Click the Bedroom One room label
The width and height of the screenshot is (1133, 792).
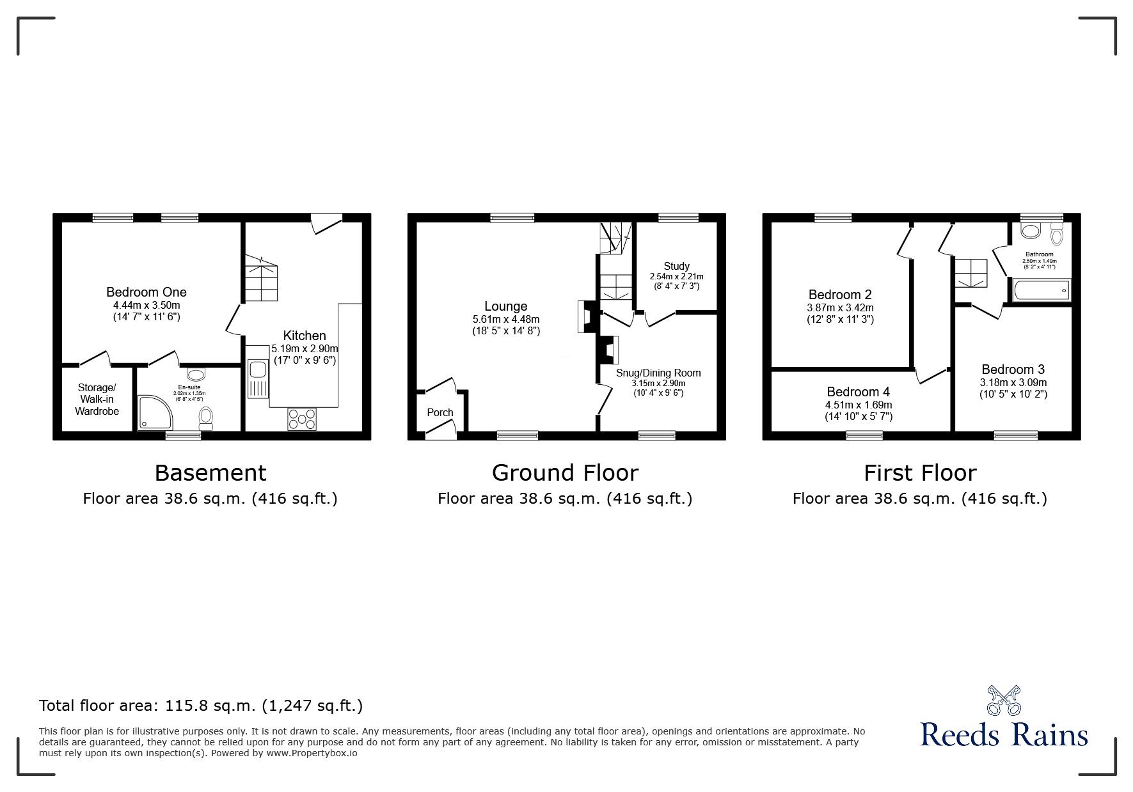coord(147,292)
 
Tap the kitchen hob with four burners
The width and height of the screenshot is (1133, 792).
coord(302,419)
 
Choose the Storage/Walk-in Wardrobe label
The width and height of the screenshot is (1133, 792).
coord(97,400)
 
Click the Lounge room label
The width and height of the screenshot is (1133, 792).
coord(505,307)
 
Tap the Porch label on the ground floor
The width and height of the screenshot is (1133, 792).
coord(440,412)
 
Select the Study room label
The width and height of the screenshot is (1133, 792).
coord(676,266)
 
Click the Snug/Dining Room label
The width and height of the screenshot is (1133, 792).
coord(658,373)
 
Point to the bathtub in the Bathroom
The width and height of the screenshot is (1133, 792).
coord(1042,291)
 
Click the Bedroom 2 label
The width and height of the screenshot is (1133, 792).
coord(840,295)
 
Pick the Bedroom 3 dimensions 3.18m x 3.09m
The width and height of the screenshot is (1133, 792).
coord(1013,382)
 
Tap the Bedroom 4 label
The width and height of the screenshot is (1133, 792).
coord(858,392)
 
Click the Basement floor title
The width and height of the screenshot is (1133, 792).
coord(210,473)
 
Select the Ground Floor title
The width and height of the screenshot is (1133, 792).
coord(565,473)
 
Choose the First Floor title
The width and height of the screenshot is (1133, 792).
coord(920,473)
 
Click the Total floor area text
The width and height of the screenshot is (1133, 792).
coord(201,706)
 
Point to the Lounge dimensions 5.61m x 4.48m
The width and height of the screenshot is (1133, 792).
coord(505,320)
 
